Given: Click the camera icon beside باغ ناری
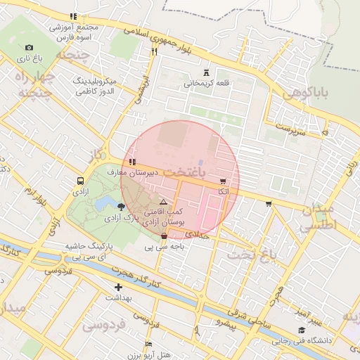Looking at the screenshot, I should (x=19, y=47).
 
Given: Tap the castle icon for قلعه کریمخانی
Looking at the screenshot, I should (x=206, y=72).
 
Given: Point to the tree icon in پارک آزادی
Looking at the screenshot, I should (x=122, y=207).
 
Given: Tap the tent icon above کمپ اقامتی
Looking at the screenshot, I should (x=164, y=200).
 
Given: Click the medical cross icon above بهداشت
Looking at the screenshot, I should (x=118, y=287).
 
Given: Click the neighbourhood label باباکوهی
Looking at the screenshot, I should (x=307, y=93).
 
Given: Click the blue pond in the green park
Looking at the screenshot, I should (x=105, y=203).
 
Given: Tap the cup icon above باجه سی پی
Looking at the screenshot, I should (x=164, y=236).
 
